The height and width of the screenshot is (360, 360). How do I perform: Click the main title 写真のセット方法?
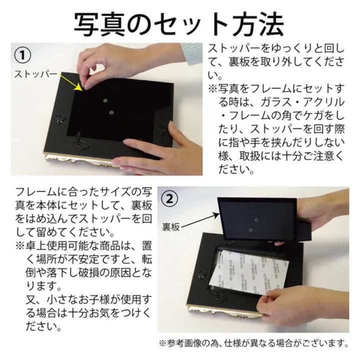tap(179, 22)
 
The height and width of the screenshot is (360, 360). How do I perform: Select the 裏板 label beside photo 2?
tap(170, 226)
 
